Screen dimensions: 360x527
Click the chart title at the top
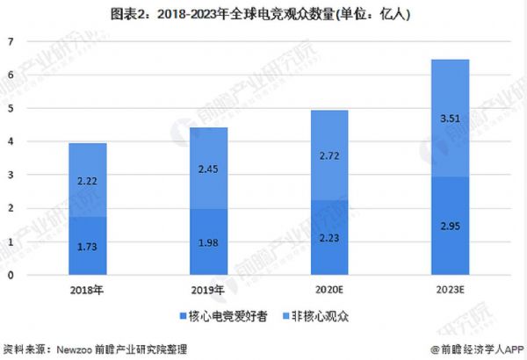263,15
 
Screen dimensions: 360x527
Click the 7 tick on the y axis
11,42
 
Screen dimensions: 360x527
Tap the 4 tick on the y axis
11,142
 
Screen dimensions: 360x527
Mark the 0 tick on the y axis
11,276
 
